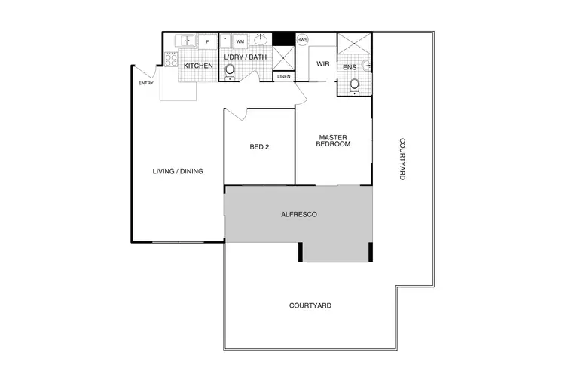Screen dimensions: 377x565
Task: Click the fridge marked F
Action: (208, 41)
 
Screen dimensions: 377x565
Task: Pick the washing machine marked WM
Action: (240, 41)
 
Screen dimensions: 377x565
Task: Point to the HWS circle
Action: (303, 40)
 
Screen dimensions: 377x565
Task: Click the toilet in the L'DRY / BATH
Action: (231, 70)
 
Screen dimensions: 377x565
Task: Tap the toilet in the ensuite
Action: (355, 84)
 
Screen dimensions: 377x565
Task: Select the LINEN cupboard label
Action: (284, 76)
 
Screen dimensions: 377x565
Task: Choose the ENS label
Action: (350, 67)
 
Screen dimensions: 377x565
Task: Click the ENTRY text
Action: (146, 83)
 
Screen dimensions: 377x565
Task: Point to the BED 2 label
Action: (259, 147)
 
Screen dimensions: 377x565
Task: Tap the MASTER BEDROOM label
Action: (332, 141)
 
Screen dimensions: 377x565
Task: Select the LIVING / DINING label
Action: (178, 171)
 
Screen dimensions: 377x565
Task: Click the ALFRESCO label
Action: (298, 215)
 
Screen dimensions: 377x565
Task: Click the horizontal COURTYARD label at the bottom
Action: (310, 305)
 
